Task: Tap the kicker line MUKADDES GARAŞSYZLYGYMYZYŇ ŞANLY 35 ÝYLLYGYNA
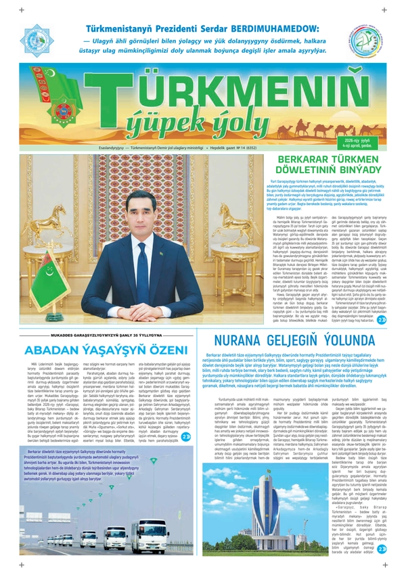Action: (x=101, y=336)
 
